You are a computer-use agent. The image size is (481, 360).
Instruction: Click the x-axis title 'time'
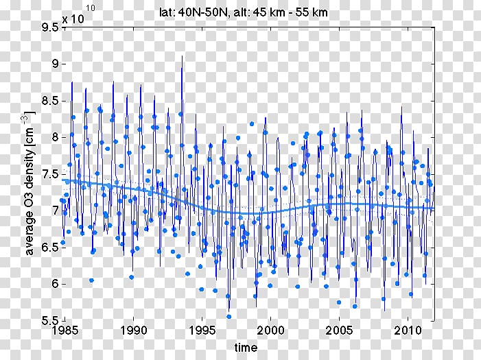(x=245, y=347)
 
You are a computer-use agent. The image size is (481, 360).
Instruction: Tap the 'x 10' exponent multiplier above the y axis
(x=73, y=19)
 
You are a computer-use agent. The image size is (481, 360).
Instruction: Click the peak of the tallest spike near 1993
(x=182, y=56)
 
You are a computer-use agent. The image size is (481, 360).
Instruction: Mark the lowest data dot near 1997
(x=228, y=316)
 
